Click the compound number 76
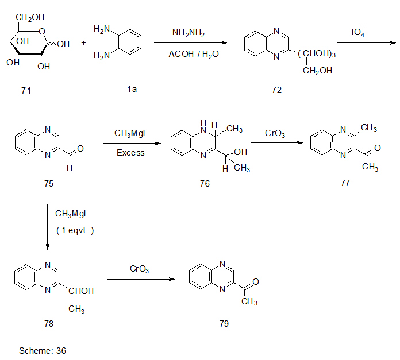pyautogui.click(x=205, y=183)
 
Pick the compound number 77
pyautogui.click(x=345, y=183)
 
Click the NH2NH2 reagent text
pyautogui.click(x=190, y=33)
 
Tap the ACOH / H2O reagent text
pyautogui.click(x=190, y=55)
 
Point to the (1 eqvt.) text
pyautogui.click(x=75, y=230)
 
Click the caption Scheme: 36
pyautogui.click(x=43, y=350)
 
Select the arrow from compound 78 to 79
pyautogui.click(x=141, y=280)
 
